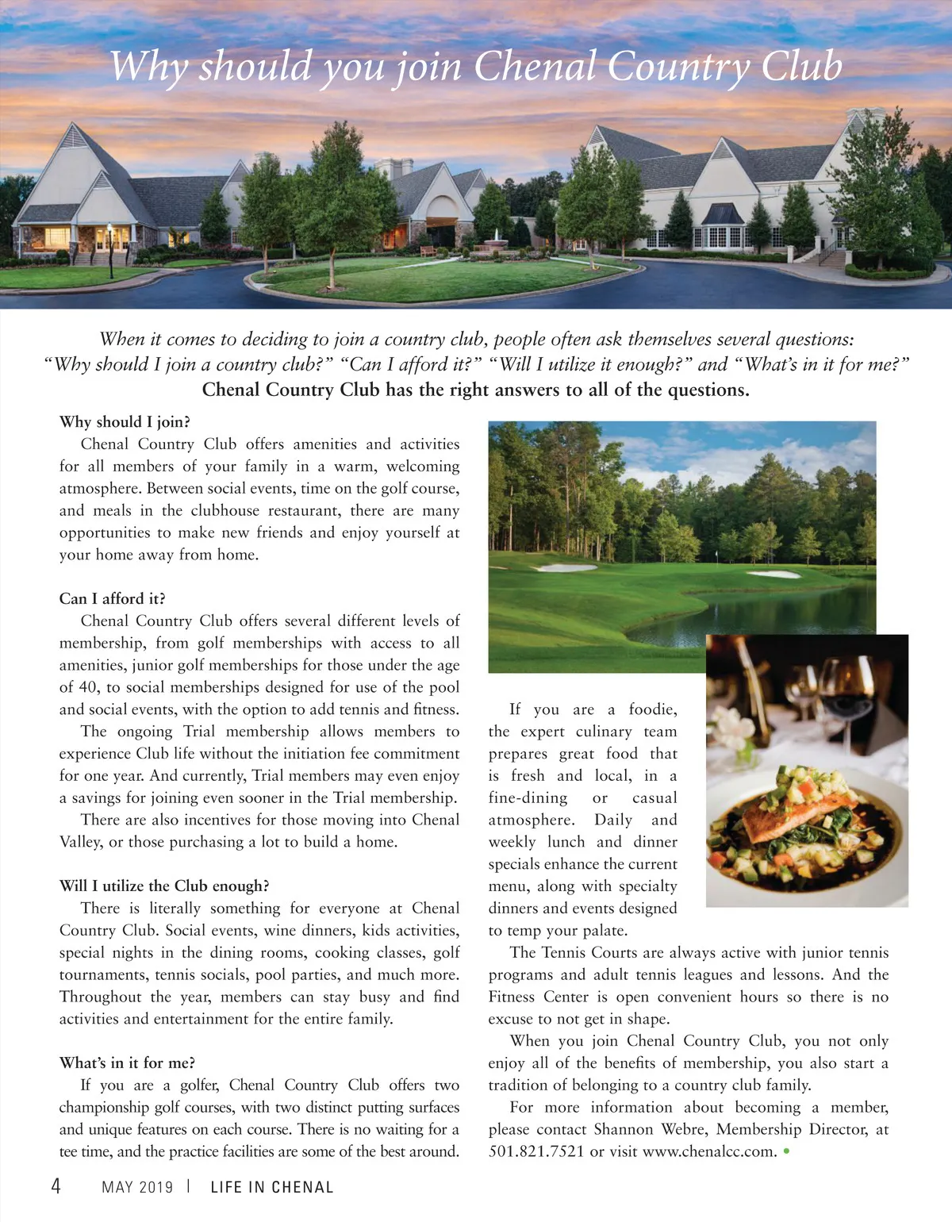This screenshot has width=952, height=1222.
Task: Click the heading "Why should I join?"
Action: point(125,421)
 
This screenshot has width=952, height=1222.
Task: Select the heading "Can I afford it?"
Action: point(113,598)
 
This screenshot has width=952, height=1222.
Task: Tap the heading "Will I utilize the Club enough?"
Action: point(164,886)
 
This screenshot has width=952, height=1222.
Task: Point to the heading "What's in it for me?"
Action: point(127,1063)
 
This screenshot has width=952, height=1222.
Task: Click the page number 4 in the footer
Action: point(56,1186)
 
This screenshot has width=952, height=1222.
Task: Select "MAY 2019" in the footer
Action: point(137,1187)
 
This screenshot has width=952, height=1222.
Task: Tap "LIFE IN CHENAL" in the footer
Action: point(272,1187)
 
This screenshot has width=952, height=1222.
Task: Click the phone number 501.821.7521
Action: point(536,1151)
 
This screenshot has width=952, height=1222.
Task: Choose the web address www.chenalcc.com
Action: point(709,1151)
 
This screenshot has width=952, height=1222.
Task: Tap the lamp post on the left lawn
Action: point(110,248)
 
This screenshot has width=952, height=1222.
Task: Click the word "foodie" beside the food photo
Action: point(652,709)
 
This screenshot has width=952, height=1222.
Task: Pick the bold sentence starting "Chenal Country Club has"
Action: point(475,390)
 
